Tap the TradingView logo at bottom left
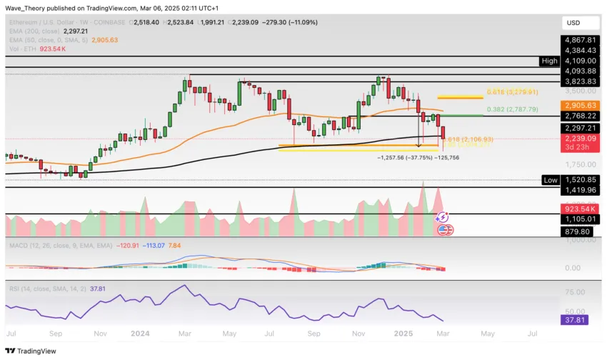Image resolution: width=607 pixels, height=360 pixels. point(31,351)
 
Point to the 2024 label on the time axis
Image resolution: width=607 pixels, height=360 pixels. point(141,334)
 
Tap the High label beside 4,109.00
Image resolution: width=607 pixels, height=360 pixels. point(548,61)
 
